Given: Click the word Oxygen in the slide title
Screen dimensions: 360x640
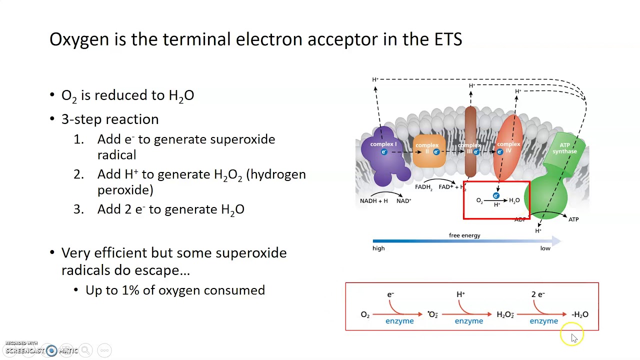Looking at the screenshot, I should point(79,39).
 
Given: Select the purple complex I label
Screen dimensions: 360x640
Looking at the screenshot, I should point(383,144).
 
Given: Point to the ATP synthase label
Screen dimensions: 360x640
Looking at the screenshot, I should point(564,148).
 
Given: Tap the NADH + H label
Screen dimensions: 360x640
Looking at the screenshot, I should point(373,201).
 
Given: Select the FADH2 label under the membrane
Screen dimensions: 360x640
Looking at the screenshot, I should point(423,187).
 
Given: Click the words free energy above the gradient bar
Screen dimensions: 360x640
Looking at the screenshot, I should point(464,235).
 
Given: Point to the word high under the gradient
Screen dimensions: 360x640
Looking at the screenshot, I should point(378,248).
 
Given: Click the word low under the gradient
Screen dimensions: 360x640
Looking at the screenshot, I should point(545,248).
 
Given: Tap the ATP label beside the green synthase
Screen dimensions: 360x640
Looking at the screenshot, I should point(573,219).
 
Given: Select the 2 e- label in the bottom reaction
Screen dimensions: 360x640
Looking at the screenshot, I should point(538,294).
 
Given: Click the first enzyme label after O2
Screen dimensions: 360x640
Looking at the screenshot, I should point(399,321).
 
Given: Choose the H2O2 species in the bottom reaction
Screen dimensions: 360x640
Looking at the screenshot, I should point(505,314).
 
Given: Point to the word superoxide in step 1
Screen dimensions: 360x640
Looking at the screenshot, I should point(242,139).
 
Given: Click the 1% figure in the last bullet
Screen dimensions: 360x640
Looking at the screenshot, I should point(129,290).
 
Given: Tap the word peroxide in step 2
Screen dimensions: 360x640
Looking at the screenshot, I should point(125,190).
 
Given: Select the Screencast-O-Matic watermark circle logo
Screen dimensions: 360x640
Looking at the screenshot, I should point(51,350).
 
